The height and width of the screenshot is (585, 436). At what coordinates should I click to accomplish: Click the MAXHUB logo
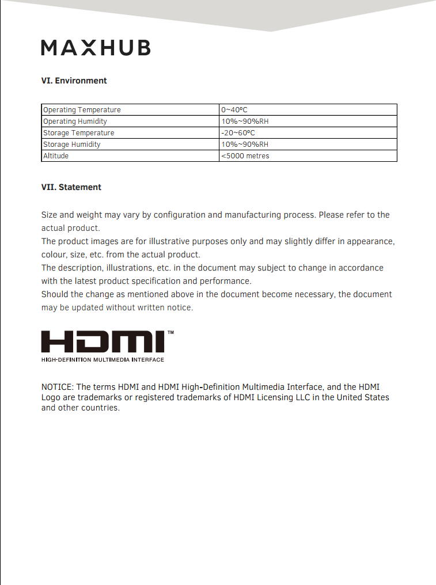click(96, 48)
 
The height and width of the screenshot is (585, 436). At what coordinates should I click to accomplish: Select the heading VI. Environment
click(74, 81)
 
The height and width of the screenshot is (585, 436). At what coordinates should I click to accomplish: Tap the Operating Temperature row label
click(82, 110)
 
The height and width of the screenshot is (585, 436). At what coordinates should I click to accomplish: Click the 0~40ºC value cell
click(234, 110)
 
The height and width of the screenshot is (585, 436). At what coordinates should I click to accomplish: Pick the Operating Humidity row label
click(75, 121)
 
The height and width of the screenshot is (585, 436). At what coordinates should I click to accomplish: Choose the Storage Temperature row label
click(78, 133)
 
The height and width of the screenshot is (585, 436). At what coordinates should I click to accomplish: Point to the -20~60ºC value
click(238, 133)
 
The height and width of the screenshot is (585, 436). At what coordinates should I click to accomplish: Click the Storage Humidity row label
click(71, 145)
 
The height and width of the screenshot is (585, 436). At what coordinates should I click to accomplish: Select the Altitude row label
click(56, 156)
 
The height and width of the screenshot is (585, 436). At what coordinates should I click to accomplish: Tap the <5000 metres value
click(245, 156)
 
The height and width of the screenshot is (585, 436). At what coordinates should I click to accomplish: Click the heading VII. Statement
click(71, 187)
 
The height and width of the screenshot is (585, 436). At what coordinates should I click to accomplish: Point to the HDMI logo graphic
click(103, 342)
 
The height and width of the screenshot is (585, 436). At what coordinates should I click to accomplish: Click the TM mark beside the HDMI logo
click(170, 333)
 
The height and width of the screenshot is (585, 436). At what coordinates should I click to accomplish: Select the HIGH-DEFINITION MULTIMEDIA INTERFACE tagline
click(103, 360)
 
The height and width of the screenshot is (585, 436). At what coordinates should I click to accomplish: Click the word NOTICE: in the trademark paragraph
click(58, 387)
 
